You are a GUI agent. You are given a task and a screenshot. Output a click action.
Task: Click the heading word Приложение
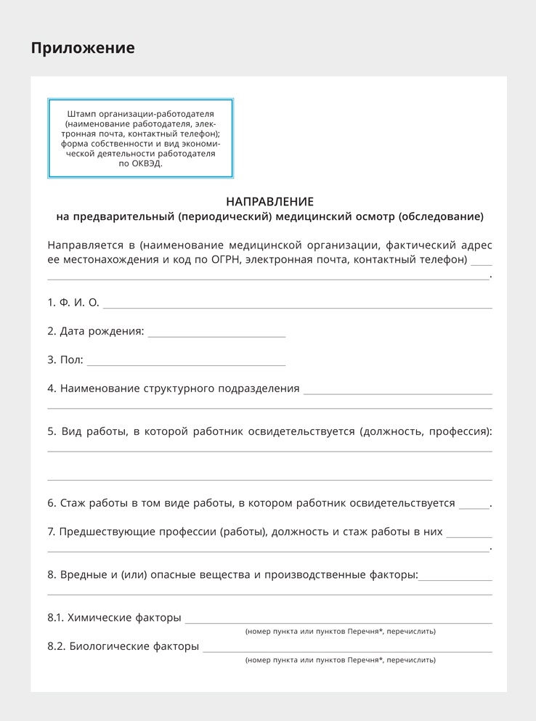coord(83,48)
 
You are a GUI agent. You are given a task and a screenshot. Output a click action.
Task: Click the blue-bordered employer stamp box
coord(140,138)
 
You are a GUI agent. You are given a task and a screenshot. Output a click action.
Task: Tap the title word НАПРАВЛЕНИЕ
coord(269,201)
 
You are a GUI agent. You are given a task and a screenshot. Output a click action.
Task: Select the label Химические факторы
coord(123,618)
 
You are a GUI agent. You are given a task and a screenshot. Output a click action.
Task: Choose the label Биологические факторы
coord(133,646)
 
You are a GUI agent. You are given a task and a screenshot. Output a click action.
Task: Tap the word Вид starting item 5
coord(71,431)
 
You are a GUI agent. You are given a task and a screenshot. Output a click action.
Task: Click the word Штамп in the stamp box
coord(81,114)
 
